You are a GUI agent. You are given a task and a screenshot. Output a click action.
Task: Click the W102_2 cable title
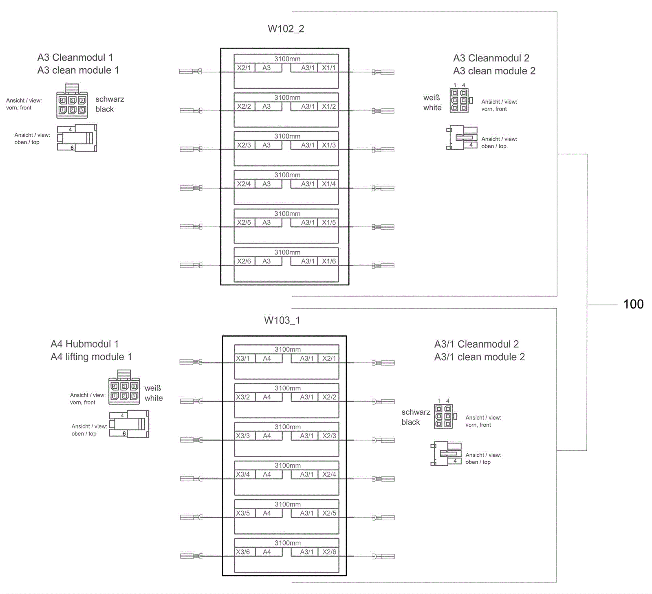[x=286, y=29]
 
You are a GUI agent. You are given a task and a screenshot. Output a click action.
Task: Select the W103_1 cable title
[x=282, y=320]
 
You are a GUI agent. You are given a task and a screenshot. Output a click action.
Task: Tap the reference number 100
[x=633, y=304]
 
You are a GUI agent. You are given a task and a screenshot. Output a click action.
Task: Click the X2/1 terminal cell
[x=244, y=68]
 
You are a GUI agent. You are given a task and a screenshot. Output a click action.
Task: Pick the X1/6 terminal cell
[x=328, y=261]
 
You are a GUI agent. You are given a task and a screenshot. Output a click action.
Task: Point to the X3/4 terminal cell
[x=243, y=474]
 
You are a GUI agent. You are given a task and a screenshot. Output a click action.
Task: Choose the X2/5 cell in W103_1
[x=329, y=513]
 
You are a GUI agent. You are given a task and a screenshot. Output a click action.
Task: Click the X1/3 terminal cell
[x=328, y=145]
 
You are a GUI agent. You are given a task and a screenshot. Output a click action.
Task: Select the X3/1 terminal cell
[x=243, y=358]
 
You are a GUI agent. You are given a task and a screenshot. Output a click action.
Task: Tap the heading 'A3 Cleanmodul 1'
[x=75, y=57]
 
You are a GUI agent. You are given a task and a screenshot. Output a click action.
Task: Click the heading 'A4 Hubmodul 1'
[x=84, y=344]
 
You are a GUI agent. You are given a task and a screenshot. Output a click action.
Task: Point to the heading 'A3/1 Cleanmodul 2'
[x=476, y=344]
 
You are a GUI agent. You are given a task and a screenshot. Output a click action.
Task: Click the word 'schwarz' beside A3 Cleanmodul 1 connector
[x=110, y=99]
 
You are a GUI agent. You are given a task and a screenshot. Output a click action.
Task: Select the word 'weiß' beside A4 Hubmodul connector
[x=153, y=388]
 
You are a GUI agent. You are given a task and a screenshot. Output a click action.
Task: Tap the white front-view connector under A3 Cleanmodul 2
[x=461, y=100]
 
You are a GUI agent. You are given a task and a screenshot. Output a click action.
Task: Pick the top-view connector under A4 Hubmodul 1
[x=129, y=424]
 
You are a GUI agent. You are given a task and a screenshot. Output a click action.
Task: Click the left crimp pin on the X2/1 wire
[x=191, y=72]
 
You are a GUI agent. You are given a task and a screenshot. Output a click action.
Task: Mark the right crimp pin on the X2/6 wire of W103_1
[x=383, y=556]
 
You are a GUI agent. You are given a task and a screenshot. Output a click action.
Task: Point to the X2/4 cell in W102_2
[x=244, y=184]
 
